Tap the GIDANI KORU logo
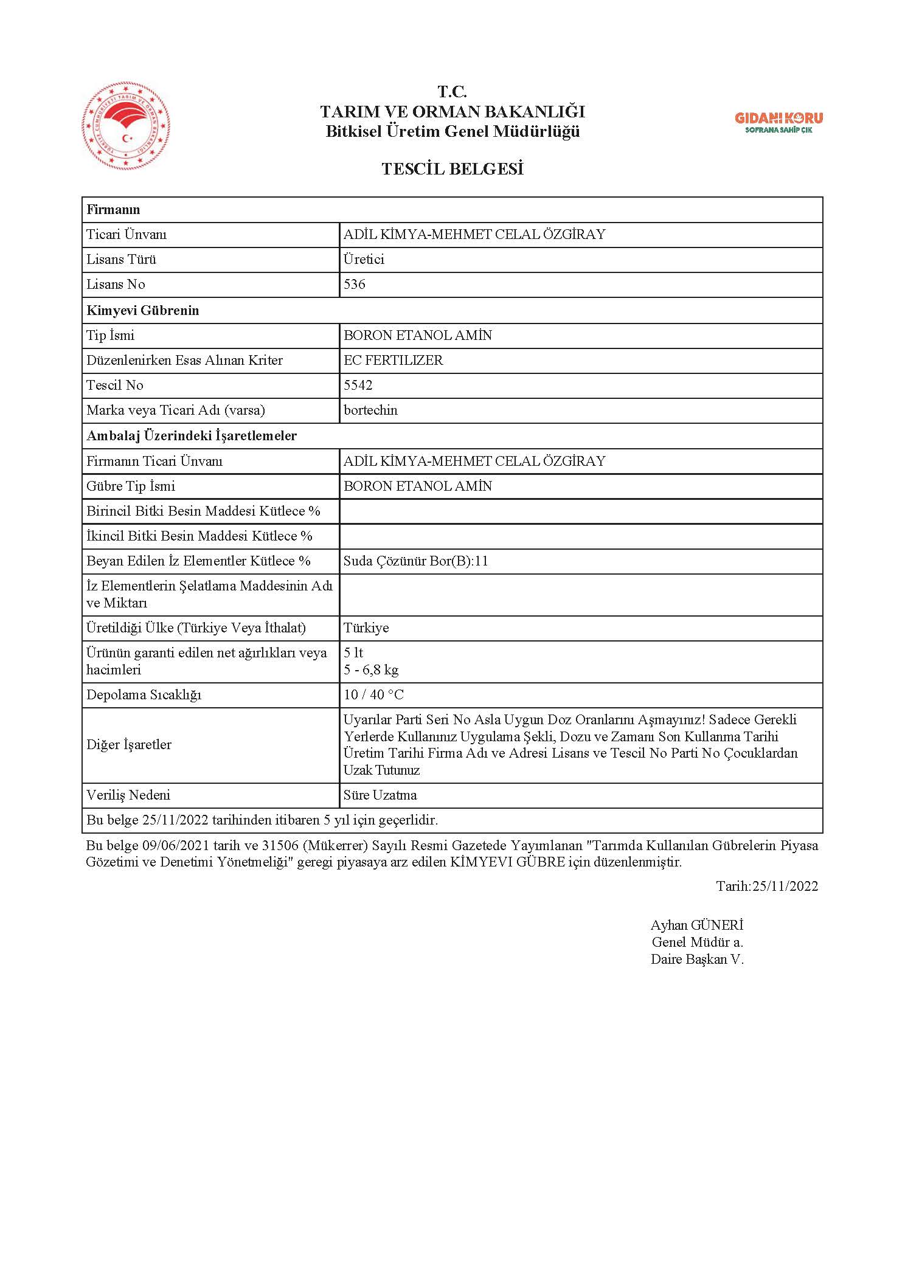(x=778, y=121)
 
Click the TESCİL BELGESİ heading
(x=452, y=169)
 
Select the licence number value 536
(x=355, y=285)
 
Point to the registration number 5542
(x=358, y=385)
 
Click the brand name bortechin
(x=370, y=410)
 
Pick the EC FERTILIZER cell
(x=394, y=360)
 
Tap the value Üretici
(x=364, y=260)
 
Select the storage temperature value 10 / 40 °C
(x=373, y=694)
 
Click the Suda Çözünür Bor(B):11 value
(x=416, y=561)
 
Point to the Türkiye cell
(x=366, y=628)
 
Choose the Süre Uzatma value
(x=380, y=795)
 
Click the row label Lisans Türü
(x=122, y=260)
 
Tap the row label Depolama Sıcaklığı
(x=144, y=694)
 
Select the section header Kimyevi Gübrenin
(x=143, y=310)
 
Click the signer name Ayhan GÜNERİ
(x=697, y=925)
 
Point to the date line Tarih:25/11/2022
(x=767, y=885)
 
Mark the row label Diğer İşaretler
(x=129, y=744)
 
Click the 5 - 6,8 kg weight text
(x=371, y=670)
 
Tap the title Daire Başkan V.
(x=697, y=959)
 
